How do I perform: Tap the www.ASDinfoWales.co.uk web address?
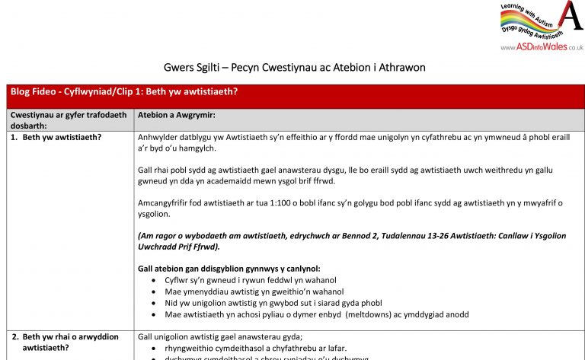542,47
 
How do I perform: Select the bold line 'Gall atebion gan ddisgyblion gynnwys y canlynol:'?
229,269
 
